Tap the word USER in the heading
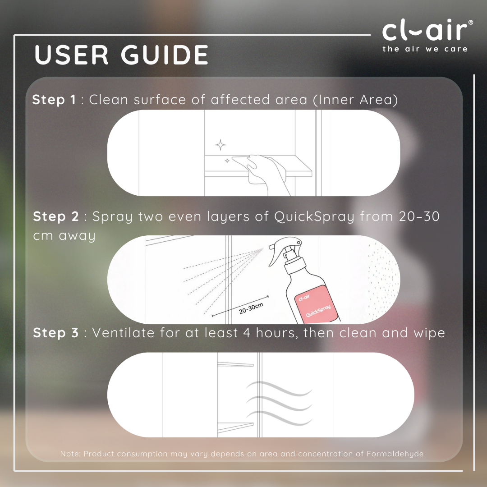coord(71,55)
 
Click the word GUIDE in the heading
coord(165,55)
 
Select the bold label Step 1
coord(54,100)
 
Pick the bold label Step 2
coord(56,216)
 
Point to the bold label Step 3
coord(56,333)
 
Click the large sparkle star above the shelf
coord(221,145)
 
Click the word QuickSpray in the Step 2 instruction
coord(314,217)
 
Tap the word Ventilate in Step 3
coord(123,333)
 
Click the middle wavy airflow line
coord(279,403)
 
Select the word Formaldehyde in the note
coord(395,454)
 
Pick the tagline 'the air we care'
coord(425,49)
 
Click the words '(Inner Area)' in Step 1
coord(355,100)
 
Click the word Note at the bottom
coord(70,454)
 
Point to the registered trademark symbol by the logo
coord(470,23)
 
